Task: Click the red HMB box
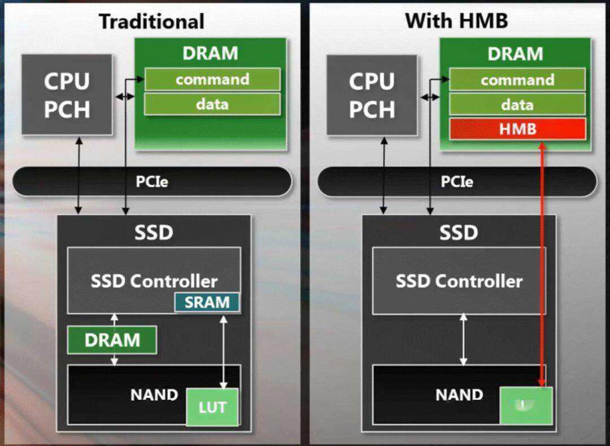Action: (517, 129)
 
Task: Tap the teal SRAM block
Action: (207, 303)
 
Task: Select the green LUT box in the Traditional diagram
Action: (212, 406)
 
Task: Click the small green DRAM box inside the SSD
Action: (112, 340)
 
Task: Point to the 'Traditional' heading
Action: (151, 21)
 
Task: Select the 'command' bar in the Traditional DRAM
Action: (212, 80)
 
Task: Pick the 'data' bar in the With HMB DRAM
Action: (517, 104)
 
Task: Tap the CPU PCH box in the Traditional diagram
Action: (67, 95)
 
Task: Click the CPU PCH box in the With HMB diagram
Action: (372, 95)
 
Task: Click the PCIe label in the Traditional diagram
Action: (151, 182)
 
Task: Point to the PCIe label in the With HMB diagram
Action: (456, 182)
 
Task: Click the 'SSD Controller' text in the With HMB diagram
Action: (459, 281)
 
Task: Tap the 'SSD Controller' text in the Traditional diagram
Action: (154, 281)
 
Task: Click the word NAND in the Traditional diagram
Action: (154, 395)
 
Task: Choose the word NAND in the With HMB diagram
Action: (459, 395)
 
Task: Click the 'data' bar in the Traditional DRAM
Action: (212, 104)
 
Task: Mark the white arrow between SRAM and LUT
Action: (224, 350)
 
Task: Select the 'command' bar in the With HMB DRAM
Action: (517, 80)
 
